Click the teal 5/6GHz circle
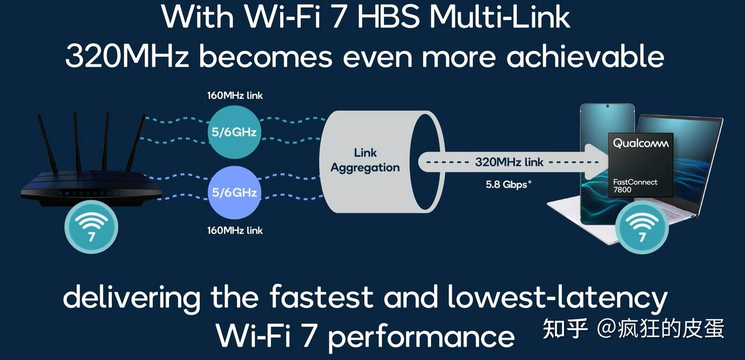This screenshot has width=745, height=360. pyautogui.click(x=234, y=132)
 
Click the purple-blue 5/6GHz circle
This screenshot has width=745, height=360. pyautogui.click(x=234, y=192)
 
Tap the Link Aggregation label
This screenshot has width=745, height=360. pyautogui.click(x=365, y=160)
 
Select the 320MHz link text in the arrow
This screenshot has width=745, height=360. pyautogui.click(x=509, y=162)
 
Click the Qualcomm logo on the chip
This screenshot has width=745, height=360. pyautogui.click(x=640, y=143)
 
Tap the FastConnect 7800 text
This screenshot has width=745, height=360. pyautogui.click(x=635, y=186)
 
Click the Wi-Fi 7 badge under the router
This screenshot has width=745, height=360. pyautogui.click(x=91, y=227)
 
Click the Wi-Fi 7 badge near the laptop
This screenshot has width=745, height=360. pyautogui.click(x=642, y=228)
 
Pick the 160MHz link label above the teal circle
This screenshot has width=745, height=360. pyautogui.click(x=235, y=95)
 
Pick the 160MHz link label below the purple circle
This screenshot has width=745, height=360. pyautogui.click(x=235, y=230)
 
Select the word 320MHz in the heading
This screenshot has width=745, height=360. pyautogui.click(x=127, y=56)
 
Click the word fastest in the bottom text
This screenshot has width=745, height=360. pyautogui.click(x=321, y=297)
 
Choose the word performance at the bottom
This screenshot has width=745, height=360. pyautogui.click(x=421, y=336)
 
